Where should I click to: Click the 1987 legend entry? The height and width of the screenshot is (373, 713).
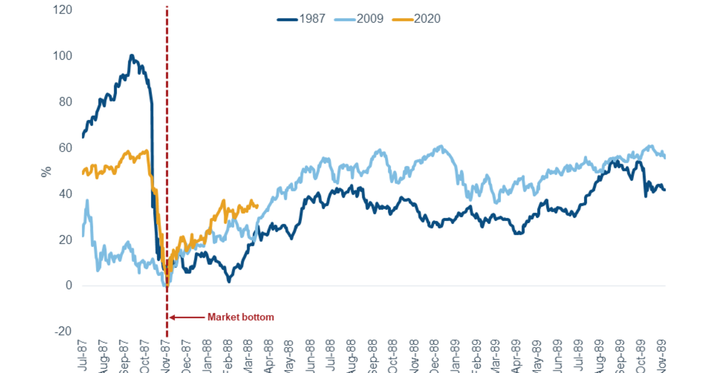301,18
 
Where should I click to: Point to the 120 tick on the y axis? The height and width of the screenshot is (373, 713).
64,10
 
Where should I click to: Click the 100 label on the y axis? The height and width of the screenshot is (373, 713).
64,56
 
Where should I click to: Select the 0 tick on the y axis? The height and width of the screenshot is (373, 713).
69,286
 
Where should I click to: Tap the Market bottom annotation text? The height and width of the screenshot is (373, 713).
241,317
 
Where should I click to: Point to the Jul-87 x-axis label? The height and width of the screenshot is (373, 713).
83,355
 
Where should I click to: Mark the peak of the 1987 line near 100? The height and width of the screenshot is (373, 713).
131,56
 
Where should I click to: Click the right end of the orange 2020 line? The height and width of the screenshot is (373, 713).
257,206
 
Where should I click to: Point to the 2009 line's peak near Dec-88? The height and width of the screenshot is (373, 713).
439,146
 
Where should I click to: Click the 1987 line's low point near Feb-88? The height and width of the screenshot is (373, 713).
229,281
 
